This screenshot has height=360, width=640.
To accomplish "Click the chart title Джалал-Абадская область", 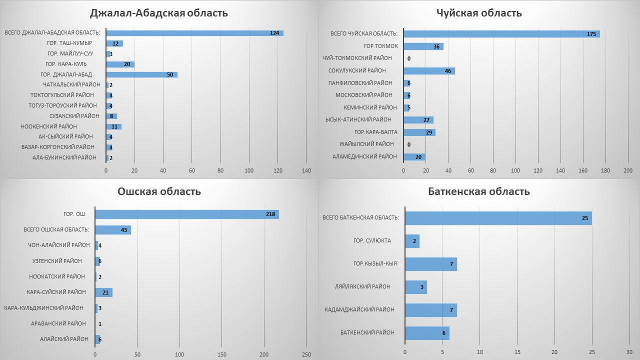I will pyautogui.click(x=158, y=13).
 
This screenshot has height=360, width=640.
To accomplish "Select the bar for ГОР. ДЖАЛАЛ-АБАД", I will pyautogui.click(x=141, y=74).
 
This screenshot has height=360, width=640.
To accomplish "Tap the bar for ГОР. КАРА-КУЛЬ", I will pyautogui.click(x=120, y=64).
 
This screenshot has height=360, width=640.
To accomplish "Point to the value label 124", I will pyautogui.click(x=274, y=33).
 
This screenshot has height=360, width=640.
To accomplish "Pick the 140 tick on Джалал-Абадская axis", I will pyautogui.click(x=306, y=171).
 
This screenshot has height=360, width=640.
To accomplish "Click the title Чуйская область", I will pyautogui.click(x=479, y=13).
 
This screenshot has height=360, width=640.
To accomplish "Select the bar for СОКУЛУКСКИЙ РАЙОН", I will pyautogui.click(x=429, y=71).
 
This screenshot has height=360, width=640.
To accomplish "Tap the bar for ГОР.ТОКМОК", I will pyautogui.click(x=423, y=46).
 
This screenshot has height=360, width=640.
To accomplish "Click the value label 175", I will pyautogui.click(x=591, y=34).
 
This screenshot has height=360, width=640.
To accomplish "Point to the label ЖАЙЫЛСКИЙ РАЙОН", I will pyautogui.click(x=366, y=144).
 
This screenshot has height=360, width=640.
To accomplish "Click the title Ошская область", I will pyautogui.click(x=159, y=191).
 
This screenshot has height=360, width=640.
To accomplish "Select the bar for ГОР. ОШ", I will pyautogui.click(x=186, y=214).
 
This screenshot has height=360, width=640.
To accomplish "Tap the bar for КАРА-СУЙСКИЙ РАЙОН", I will pyautogui.click(x=103, y=292).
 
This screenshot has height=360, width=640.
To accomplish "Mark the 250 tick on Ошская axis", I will pyautogui.click(x=306, y=354).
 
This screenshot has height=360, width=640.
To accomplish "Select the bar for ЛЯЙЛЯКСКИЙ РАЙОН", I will pyautogui.click(x=415, y=287).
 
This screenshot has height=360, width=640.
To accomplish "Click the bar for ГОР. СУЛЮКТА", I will pyautogui.click(x=412, y=241).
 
